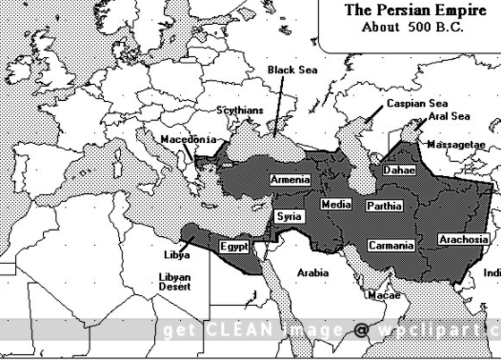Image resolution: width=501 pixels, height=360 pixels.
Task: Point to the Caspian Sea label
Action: (x=416, y=103)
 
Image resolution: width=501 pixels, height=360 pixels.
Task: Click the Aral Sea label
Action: (x=448, y=116)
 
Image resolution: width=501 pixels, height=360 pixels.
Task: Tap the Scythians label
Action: (x=240, y=110)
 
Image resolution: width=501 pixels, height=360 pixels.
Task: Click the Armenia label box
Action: (x=289, y=180)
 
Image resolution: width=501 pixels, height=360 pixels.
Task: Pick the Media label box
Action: (x=336, y=205)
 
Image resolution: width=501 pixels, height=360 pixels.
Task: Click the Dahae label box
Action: (x=398, y=170)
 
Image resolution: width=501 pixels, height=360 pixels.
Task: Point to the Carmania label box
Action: (x=391, y=246)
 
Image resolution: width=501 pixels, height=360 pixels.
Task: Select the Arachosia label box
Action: (x=464, y=239)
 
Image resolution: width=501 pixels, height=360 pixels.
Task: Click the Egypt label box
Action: (x=234, y=247)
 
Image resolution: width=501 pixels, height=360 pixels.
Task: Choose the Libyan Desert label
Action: (x=173, y=282)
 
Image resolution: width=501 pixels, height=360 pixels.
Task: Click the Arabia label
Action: (x=312, y=272)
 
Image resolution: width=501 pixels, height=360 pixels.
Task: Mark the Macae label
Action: (x=383, y=295)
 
